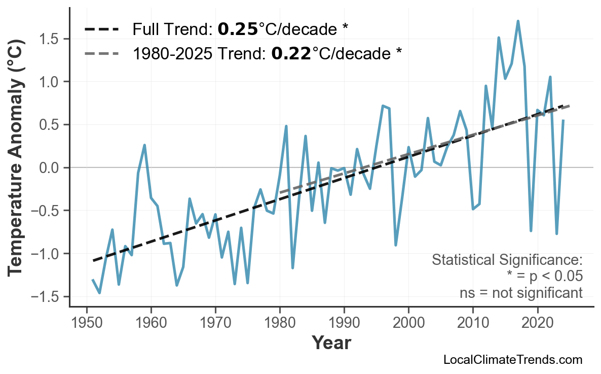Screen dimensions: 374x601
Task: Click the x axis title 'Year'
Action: [331, 343]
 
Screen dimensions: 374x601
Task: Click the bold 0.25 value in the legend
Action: [238, 29]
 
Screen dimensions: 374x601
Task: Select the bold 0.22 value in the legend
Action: [291, 53]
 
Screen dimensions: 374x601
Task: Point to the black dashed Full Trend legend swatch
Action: [101, 29]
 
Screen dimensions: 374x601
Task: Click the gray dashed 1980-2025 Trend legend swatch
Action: [101, 53]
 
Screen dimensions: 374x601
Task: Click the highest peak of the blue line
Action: [517, 21]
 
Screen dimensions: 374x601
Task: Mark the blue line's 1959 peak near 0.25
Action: [144, 145]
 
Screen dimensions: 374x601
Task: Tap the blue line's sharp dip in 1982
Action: [293, 267]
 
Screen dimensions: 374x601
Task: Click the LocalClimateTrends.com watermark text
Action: [512, 360]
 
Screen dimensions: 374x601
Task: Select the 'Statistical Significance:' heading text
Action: [507, 260]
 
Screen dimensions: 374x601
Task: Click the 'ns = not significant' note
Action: [521, 293]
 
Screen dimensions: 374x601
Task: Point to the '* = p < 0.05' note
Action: [544, 277]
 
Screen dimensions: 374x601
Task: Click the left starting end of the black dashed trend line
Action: [93, 261]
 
